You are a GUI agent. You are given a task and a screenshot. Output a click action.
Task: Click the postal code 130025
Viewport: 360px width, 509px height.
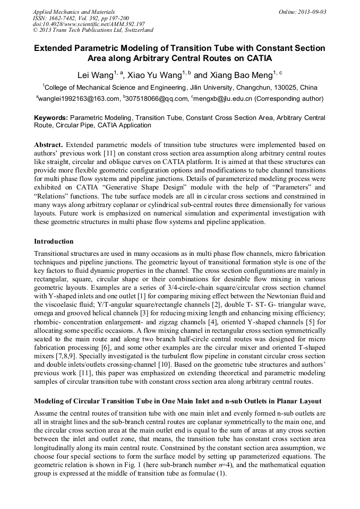click(289, 87)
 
